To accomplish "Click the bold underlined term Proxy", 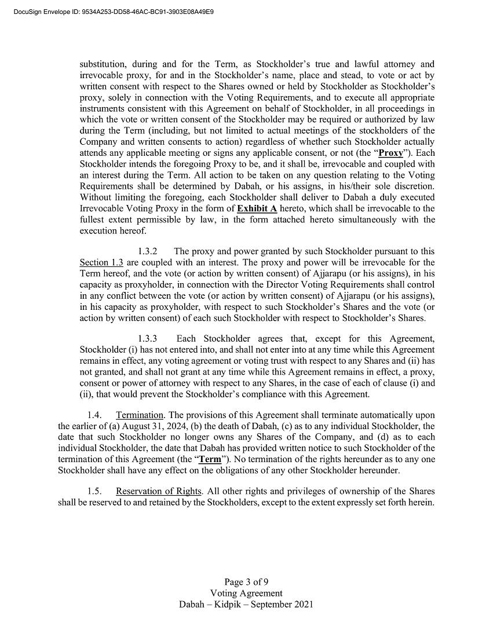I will click(x=390, y=153).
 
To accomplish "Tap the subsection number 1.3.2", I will click(x=148, y=251).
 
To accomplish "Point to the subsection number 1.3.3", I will click(x=148, y=339).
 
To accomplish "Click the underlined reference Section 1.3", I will click(x=101, y=262).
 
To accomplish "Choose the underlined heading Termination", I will click(x=140, y=415).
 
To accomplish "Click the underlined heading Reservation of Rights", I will click(x=158, y=492).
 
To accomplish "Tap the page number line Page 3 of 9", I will click(x=246, y=582).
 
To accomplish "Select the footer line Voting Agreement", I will click(x=246, y=593).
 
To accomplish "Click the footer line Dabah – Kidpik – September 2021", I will click(x=246, y=604).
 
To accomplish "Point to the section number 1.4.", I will click(x=94, y=415).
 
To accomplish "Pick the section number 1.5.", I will click(x=94, y=492).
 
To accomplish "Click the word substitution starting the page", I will click(x=101, y=64).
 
